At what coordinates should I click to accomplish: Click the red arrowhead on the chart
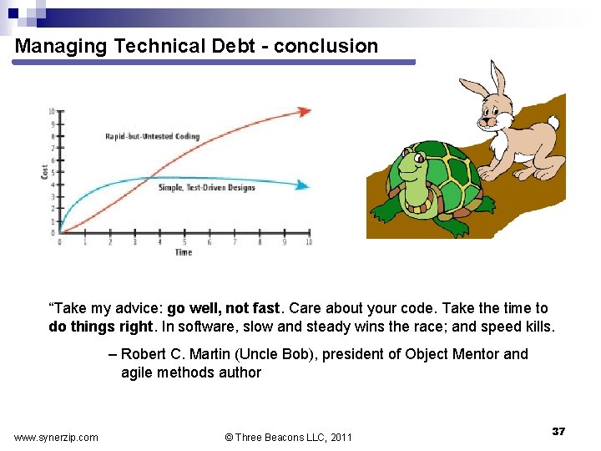click(x=305, y=111)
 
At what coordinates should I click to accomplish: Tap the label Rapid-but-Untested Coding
click(x=152, y=136)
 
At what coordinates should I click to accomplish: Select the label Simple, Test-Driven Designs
click(x=206, y=188)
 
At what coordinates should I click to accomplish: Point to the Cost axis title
click(x=45, y=171)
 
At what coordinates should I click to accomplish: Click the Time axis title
click(x=184, y=252)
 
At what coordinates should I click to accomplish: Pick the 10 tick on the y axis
click(x=52, y=111)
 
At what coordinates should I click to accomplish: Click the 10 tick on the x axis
click(x=309, y=242)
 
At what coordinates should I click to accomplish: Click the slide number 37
click(x=558, y=431)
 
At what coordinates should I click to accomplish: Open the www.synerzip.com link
click(x=56, y=437)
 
